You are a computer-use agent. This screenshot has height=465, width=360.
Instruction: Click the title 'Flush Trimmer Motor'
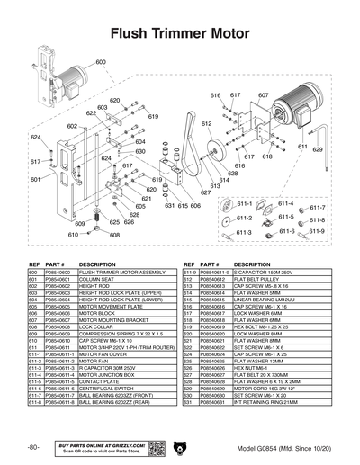click(180, 34)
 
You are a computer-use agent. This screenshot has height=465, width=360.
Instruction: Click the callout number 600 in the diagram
click(100, 62)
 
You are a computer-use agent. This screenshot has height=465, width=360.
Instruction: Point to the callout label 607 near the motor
click(264, 95)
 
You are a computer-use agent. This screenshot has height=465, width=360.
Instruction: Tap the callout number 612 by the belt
click(206, 123)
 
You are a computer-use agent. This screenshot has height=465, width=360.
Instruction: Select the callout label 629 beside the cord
click(318, 150)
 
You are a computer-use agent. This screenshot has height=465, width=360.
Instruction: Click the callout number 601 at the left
click(34, 180)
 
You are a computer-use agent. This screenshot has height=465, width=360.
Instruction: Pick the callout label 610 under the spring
click(72, 235)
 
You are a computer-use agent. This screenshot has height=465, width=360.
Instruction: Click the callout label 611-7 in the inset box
click(317, 209)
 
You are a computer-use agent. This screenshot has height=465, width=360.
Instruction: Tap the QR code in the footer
click(155, 447)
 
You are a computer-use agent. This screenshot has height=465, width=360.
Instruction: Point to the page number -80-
click(32, 447)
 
